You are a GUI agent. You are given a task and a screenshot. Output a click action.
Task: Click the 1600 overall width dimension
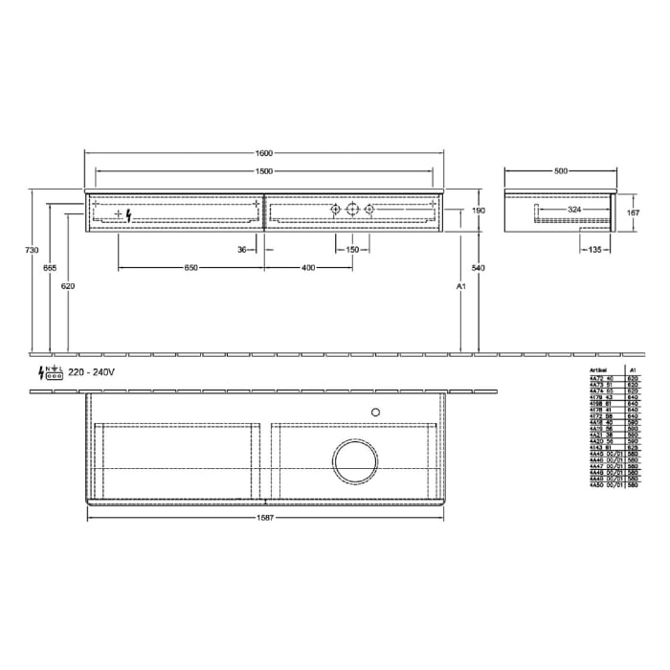tap(265, 153)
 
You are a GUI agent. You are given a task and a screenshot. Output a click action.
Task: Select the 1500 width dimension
tap(265, 171)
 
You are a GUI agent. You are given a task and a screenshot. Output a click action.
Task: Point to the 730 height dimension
tap(33, 251)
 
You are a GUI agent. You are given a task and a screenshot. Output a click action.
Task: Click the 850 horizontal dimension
tap(191, 268)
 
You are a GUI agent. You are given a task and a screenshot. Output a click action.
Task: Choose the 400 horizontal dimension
tap(308, 268)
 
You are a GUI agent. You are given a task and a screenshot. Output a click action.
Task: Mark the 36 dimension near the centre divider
tap(242, 250)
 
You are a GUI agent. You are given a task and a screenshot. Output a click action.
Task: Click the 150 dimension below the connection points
tap(353, 250)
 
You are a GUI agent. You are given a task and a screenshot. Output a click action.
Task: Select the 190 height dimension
tap(479, 211)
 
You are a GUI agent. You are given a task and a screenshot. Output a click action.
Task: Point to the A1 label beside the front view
tap(461, 286)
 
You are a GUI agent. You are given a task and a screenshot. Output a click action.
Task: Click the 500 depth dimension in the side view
tap(561, 171)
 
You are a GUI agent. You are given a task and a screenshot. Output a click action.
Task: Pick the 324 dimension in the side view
tap(574, 208)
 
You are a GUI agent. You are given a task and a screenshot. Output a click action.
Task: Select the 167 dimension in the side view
tap(632, 212)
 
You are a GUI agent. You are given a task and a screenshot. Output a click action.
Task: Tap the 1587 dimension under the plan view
tap(265, 520)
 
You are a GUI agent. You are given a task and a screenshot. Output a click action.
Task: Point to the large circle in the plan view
tap(354, 461)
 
